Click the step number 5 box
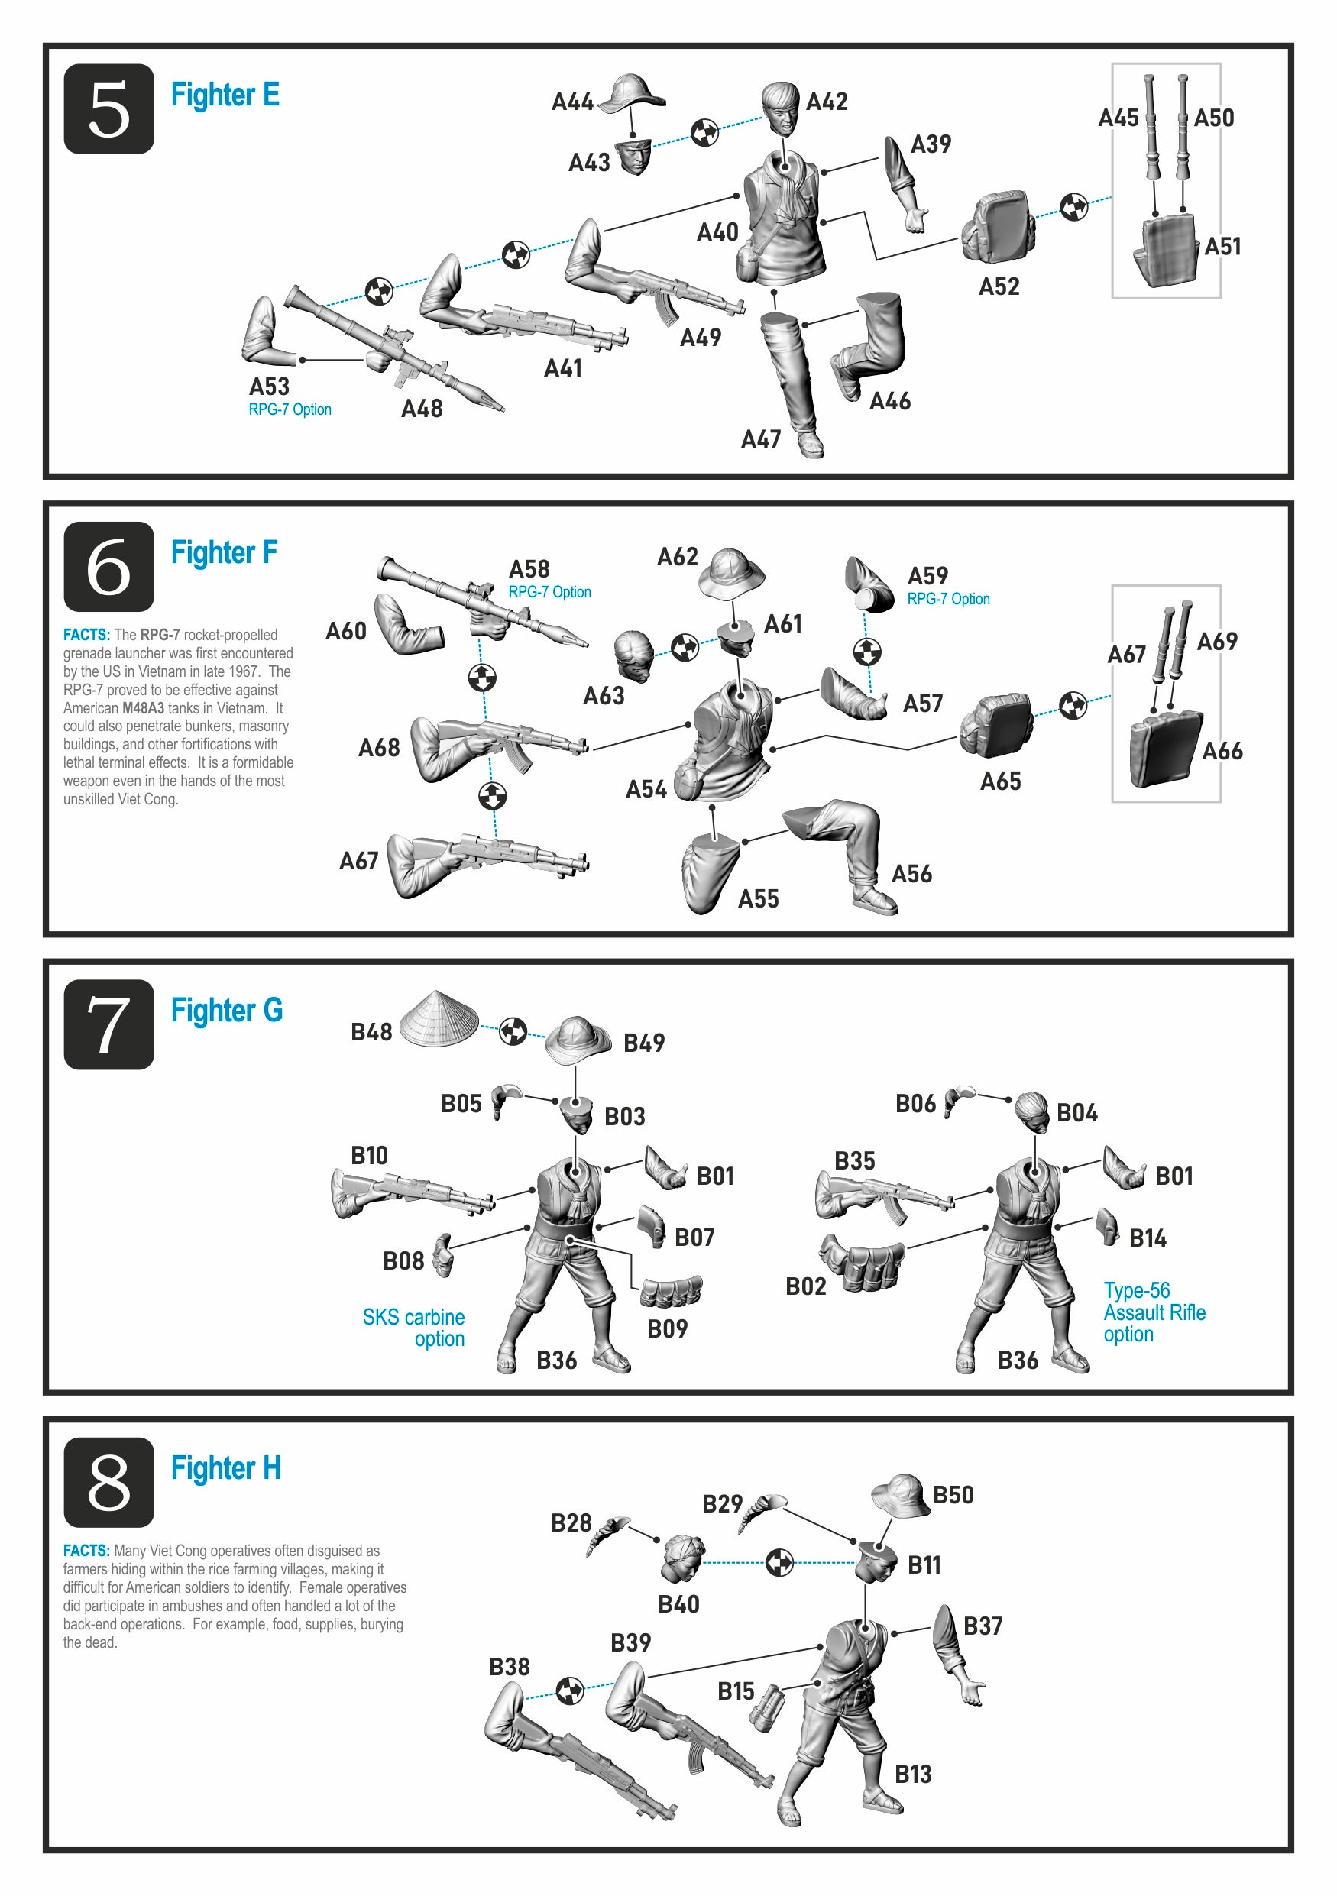(109, 109)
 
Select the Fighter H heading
(225, 1467)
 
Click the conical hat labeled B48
(439, 1018)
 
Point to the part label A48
(422, 409)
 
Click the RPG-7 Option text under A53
(290, 409)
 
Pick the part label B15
(736, 1691)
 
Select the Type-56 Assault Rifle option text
(1154, 1312)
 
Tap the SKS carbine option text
(414, 1328)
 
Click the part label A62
(677, 558)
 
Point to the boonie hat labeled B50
(900, 1496)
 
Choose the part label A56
(911, 874)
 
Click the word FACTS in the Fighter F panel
(86, 635)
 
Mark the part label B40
(679, 1603)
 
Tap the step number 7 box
(109, 1025)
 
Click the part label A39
(931, 144)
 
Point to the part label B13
(912, 1774)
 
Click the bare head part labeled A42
(779, 108)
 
